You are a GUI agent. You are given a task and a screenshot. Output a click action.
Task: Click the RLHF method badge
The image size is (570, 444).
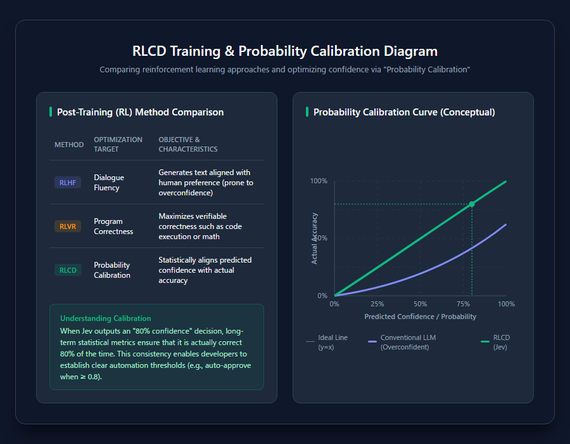click(68, 183)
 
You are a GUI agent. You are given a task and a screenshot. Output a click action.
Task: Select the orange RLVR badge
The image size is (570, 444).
click(68, 226)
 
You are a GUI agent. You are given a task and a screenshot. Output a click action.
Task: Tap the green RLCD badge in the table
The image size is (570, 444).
click(68, 270)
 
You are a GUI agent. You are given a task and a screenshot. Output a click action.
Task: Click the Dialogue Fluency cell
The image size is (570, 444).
click(109, 183)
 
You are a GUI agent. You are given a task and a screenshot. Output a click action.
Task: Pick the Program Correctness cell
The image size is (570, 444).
click(113, 226)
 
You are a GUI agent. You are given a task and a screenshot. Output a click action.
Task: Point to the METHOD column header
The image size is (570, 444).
click(69, 145)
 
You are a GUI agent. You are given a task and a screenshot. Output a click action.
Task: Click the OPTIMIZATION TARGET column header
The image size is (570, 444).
click(118, 145)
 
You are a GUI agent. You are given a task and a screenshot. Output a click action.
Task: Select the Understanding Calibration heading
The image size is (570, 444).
click(105, 318)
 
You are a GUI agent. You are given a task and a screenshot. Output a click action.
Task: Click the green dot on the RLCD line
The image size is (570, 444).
click(472, 204)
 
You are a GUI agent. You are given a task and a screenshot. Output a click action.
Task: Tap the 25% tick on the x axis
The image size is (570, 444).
click(377, 304)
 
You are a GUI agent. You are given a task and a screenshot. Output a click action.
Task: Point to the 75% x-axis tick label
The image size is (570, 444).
click(463, 304)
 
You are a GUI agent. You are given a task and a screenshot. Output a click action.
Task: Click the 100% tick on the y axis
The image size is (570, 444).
click(319, 181)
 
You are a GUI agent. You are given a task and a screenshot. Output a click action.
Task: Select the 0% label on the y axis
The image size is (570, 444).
click(322, 296)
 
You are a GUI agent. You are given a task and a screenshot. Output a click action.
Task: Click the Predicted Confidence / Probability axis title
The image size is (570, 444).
click(421, 317)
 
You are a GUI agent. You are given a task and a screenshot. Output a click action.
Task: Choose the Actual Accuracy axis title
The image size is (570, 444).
click(314, 238)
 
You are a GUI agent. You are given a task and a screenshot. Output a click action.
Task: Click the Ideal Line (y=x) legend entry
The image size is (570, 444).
click(327, 342)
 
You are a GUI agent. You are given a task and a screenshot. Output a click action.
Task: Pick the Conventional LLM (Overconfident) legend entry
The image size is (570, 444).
click(402, 342)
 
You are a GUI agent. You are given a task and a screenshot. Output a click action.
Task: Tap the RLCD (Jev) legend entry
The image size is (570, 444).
click(495, 342)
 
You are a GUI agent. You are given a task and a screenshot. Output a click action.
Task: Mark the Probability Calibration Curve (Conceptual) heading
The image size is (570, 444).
click(404, 112)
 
